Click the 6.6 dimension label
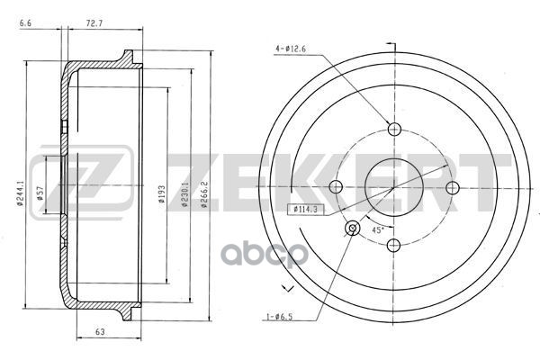pos(25,23)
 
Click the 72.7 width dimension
pos(94,23)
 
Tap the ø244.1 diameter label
pos(20,193)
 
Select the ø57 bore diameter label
pos(40,193)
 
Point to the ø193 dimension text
pos(162,194)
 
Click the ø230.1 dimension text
pos(184,194)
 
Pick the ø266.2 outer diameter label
pos(204,194)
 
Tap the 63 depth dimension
pos(100,332)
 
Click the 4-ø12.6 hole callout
pos(291,49)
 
